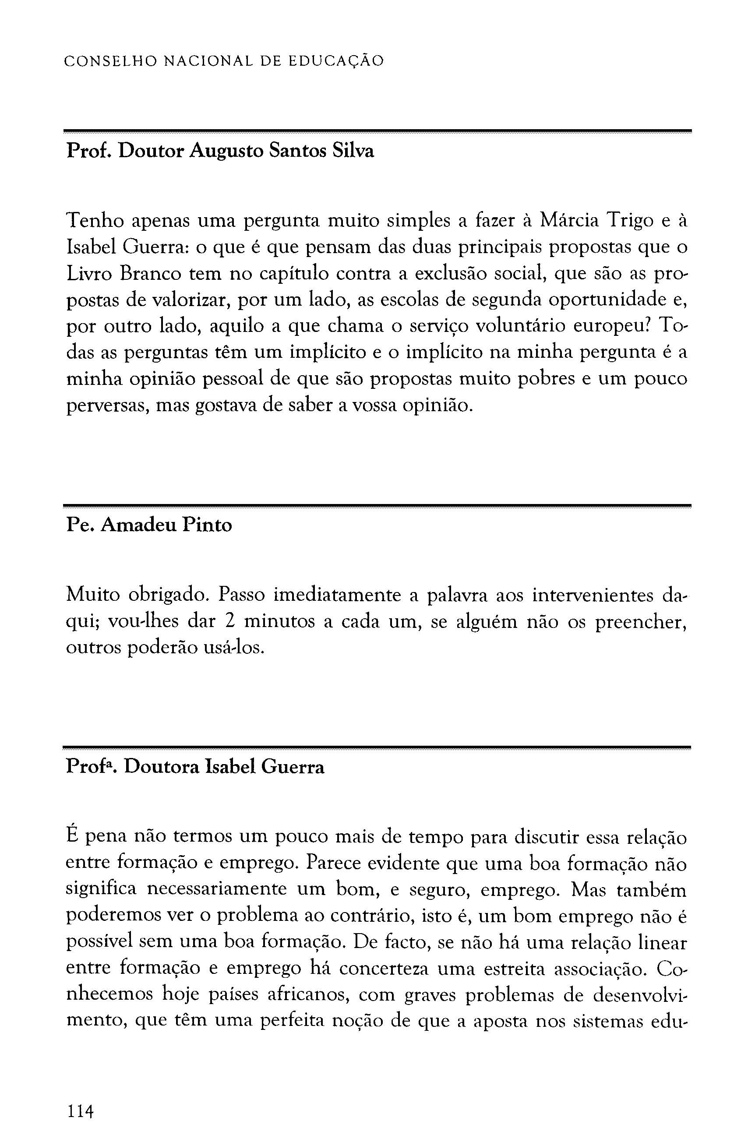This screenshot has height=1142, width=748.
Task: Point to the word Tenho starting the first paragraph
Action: [94, 221]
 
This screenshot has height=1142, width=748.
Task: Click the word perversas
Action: [106, 406]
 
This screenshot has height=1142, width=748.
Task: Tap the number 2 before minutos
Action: [229, 622]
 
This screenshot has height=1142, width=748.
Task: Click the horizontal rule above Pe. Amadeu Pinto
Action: [377, 506]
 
